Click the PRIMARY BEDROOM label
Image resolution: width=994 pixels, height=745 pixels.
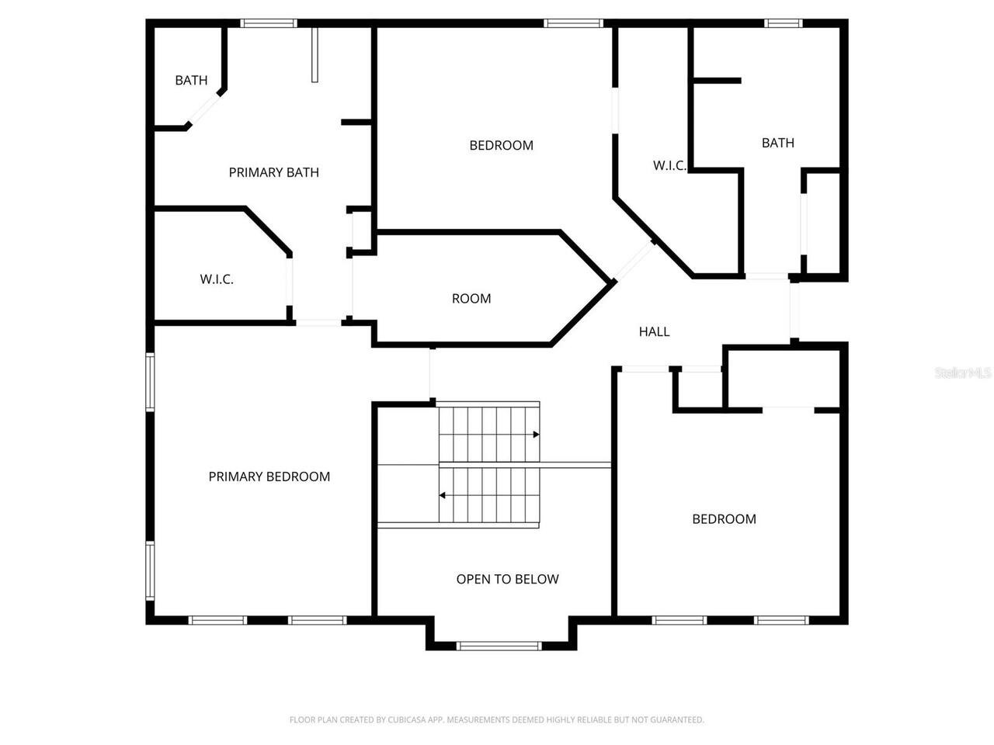269,476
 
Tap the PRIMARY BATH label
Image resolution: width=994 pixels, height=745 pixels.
273,172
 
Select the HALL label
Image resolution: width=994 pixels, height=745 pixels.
654,331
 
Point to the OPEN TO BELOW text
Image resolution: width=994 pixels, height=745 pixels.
507,579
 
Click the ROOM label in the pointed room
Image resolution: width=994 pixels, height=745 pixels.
471,298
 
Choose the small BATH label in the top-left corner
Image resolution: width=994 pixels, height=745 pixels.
191,80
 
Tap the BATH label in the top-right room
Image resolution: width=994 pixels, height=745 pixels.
777,143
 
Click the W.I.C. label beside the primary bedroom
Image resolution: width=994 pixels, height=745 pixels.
217,279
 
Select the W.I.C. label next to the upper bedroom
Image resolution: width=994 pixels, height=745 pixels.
669,165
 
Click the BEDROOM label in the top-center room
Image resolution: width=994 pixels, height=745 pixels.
501,145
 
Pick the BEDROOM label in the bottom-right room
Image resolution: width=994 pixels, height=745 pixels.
724,519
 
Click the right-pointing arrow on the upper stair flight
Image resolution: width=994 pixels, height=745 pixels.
536,435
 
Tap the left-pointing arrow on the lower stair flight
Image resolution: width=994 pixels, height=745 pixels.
443,495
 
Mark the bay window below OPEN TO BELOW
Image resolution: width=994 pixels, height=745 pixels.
499,646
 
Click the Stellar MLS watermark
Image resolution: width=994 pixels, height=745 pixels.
963,372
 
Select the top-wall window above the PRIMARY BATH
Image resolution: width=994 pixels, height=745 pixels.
269,23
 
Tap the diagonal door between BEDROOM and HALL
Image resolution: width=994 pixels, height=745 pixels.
634,262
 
